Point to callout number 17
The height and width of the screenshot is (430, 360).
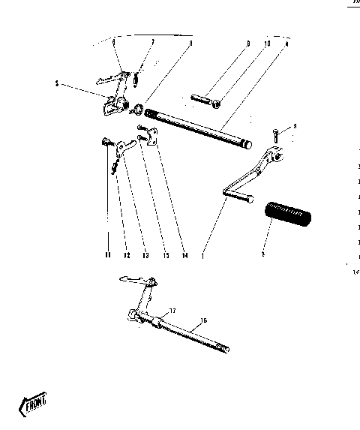[172, 310]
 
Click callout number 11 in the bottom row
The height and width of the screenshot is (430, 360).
[107, 255]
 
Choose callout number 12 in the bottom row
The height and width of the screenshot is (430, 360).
[127, 255]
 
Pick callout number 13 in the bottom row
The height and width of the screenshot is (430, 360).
[145, 255]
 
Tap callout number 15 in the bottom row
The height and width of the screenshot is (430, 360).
[163, 255]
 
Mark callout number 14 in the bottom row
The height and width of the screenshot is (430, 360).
[183, 255]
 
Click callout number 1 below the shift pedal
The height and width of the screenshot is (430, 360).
[202, 255]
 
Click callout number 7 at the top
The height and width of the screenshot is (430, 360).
[152, 44]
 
